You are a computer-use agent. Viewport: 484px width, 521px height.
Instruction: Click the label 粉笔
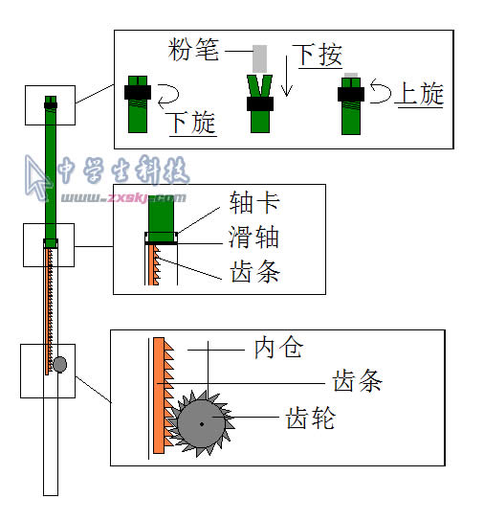pos(193,50)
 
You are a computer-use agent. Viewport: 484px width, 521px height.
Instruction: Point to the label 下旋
pos(193,123)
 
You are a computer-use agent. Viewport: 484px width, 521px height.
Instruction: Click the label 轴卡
pos(254,202)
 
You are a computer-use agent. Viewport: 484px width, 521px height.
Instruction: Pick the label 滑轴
pos(253,238)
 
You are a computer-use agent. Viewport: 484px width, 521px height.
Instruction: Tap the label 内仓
pos(279,348)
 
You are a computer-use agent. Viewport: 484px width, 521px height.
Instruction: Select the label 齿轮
pos(311,418)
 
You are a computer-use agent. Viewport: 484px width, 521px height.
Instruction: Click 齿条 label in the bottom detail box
pos(358,381)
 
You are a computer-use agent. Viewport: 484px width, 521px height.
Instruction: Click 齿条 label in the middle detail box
pos(255,271)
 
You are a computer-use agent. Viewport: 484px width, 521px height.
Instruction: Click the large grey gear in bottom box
pos(201,423)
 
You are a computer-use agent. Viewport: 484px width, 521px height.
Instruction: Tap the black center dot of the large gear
pos(202,424)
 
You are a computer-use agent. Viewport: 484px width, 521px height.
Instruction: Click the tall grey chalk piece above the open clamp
pos(259,58)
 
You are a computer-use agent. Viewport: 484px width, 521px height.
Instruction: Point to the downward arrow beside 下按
pos(287,76)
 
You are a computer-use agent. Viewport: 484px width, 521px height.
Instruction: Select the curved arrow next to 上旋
pos(380,90)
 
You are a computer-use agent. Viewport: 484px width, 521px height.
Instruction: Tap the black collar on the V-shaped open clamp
pos(260,103)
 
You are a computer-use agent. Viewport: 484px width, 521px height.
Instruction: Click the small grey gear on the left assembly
pos(59,364)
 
